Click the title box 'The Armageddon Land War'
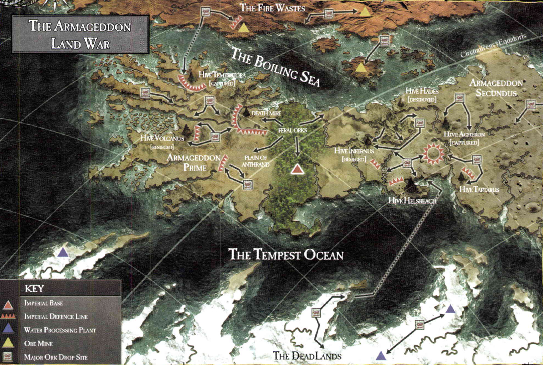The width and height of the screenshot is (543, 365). click(x=80, y=34)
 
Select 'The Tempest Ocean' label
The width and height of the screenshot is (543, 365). click(x=286, y=254)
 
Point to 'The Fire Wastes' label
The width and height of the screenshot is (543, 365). click(x=272, y=8)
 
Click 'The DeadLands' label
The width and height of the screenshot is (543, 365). click(x=307, y=356)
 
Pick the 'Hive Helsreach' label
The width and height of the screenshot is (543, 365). click(x=412, y=200)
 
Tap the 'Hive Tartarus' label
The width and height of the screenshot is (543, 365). click(x=479, y=189)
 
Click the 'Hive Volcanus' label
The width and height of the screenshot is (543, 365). click(x=163, y=138)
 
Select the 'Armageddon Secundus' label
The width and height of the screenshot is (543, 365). click(x=496, y=88)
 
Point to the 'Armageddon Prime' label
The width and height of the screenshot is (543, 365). click(x=194, y=162)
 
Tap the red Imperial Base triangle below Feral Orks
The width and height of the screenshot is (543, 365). click(x=298, y=169)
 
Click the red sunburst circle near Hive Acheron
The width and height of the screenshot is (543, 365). click(x=432, y=153)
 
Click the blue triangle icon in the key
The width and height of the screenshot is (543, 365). click(x=9, y=330)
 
